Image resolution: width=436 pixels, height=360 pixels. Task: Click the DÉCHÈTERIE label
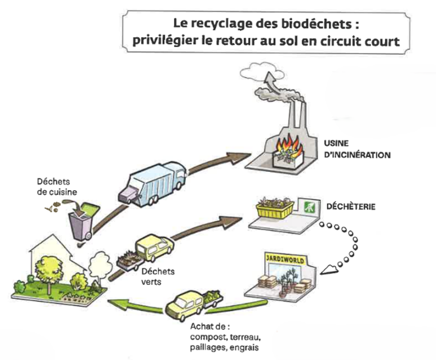(351, 206)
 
